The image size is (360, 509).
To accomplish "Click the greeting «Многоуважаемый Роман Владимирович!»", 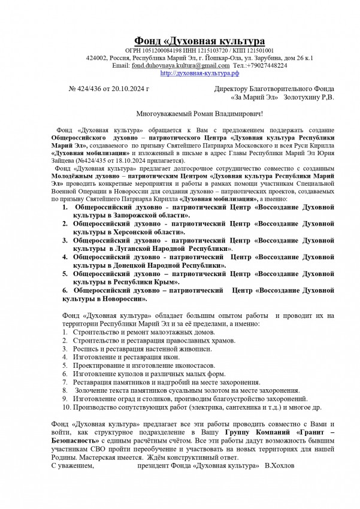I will click(x=199, y=113).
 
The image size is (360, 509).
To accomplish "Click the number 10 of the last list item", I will click(x=66, y=407).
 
